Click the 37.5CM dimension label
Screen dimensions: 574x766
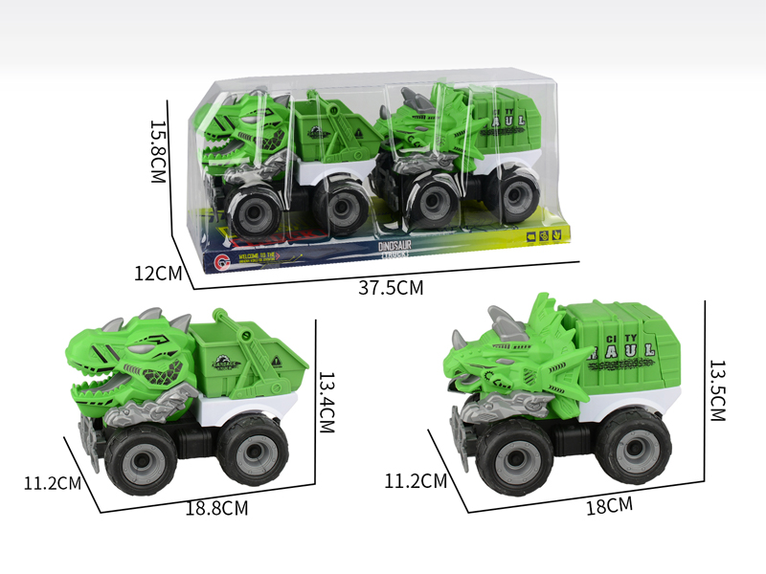click(391, 287)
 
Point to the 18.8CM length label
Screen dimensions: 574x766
click(217, 508)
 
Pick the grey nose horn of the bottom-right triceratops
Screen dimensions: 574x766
click(459, 337)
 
